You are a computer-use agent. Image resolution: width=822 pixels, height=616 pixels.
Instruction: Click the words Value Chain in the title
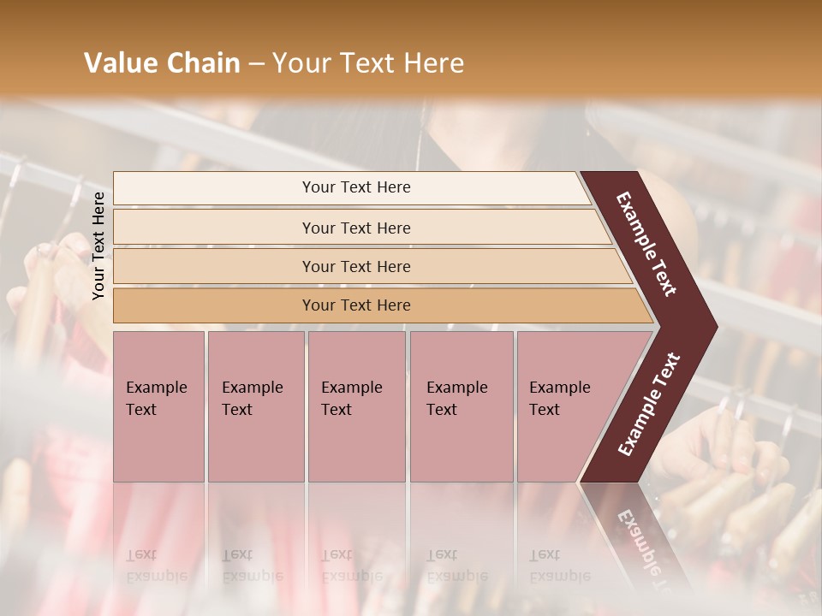(162, 63)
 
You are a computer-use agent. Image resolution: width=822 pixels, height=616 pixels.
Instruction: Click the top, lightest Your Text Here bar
(356, 187)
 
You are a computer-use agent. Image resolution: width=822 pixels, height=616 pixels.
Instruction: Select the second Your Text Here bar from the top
(356, 228)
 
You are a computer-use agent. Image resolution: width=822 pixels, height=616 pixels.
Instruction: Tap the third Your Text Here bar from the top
(356, 266)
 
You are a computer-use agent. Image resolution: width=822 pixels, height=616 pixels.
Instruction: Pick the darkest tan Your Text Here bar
(356, 305)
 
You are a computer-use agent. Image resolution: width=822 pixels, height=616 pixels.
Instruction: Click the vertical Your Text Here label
(98, 246)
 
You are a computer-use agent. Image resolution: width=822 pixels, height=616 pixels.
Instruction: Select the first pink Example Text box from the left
(158, 406)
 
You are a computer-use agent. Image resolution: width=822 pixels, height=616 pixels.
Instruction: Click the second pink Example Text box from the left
(255, 406)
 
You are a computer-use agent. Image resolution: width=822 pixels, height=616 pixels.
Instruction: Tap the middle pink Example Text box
(356, 406)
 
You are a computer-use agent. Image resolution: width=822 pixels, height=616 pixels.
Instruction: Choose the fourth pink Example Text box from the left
(461, 406)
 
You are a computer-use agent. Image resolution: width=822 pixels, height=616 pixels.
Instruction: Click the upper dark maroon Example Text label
(646, 244)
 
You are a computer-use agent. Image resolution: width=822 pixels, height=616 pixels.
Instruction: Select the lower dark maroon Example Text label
(649, 405)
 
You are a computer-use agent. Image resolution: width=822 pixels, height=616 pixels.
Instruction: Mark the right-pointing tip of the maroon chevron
(714, 325)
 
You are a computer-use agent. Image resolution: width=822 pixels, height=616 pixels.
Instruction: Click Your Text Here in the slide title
(367, 63)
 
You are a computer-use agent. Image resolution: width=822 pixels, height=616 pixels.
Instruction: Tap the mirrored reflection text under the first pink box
(156, 566)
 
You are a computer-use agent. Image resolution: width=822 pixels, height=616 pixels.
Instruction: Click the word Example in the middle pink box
(351, 388)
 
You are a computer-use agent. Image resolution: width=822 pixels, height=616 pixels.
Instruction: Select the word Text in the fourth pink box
(442, 410)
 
